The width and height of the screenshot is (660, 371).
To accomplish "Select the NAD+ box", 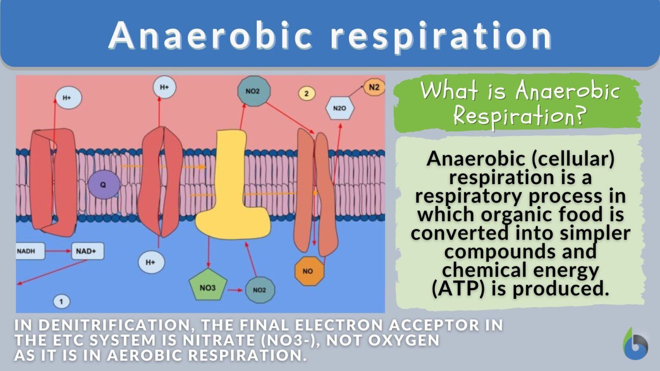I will coord(87,251).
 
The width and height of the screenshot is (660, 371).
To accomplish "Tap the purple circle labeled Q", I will coord(103,185).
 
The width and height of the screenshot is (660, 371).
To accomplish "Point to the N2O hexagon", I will coord(339,108).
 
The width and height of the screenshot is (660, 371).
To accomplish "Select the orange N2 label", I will coord(374,88).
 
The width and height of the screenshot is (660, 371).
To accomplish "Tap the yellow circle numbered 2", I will coord(306,93).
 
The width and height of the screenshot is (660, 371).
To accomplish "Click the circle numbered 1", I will coord(61,301).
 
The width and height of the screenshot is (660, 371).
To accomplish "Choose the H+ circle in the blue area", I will coord(151,262).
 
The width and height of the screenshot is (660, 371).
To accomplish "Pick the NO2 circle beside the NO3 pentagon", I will coord(259,290).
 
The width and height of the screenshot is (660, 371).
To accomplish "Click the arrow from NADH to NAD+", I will coord(58,251).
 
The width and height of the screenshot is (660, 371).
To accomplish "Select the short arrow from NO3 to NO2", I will coord(235,290).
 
